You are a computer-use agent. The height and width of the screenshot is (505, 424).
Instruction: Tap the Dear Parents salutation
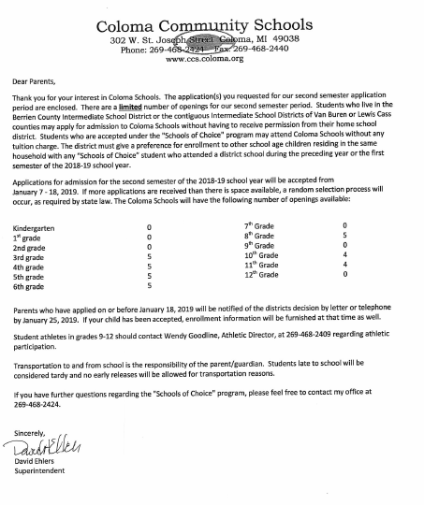[37, 82]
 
